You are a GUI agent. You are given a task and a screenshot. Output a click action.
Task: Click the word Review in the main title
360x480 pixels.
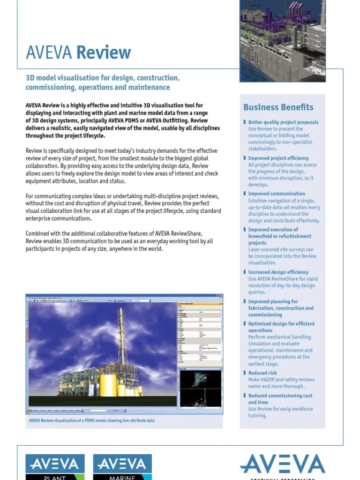pyautogui.click(x=104, y=52)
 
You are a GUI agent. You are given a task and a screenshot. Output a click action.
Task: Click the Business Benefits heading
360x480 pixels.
pyautogui.click(x=278, y=107)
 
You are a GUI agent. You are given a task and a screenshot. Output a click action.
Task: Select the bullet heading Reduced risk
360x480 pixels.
pyautogui.click(x=262, y=373)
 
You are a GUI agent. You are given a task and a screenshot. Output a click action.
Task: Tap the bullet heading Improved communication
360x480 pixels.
pyautogui.click(x=276, y=194)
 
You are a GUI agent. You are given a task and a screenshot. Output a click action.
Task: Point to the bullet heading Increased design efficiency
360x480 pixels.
pyautogui.click(x=278, y=272)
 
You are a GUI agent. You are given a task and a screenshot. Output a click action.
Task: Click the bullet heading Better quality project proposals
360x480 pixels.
pyautogui.click(x=283, y=122)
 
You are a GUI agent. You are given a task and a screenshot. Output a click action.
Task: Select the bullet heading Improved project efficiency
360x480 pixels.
pyautogui.click(x=278, y=158)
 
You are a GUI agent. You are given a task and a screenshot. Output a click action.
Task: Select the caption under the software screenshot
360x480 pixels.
pyautogui.click(x=92, y=420)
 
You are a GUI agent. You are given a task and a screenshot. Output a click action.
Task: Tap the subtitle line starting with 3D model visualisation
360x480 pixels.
pyautogui.click(x=102, y=78)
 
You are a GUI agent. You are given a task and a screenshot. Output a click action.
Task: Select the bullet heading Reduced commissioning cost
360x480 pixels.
pyautogui.click(x=280, y=396)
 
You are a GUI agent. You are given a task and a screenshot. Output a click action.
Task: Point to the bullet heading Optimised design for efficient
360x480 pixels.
pyautogui.click(x=281, y=324)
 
